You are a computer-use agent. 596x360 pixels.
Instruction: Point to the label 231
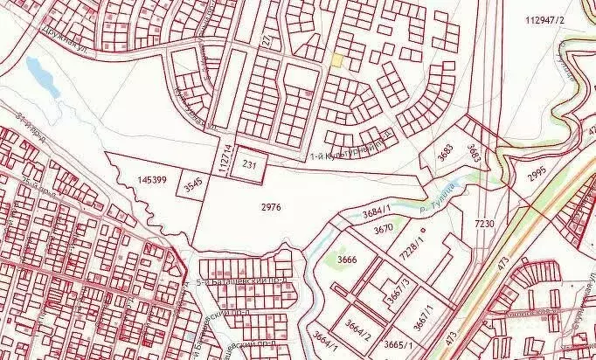tap(249, 164)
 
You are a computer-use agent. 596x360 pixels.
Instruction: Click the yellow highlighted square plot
tap(337, 59)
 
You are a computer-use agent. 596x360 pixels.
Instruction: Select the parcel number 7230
tap(485, 225)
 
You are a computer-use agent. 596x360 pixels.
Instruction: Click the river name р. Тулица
tap(446, 190)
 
